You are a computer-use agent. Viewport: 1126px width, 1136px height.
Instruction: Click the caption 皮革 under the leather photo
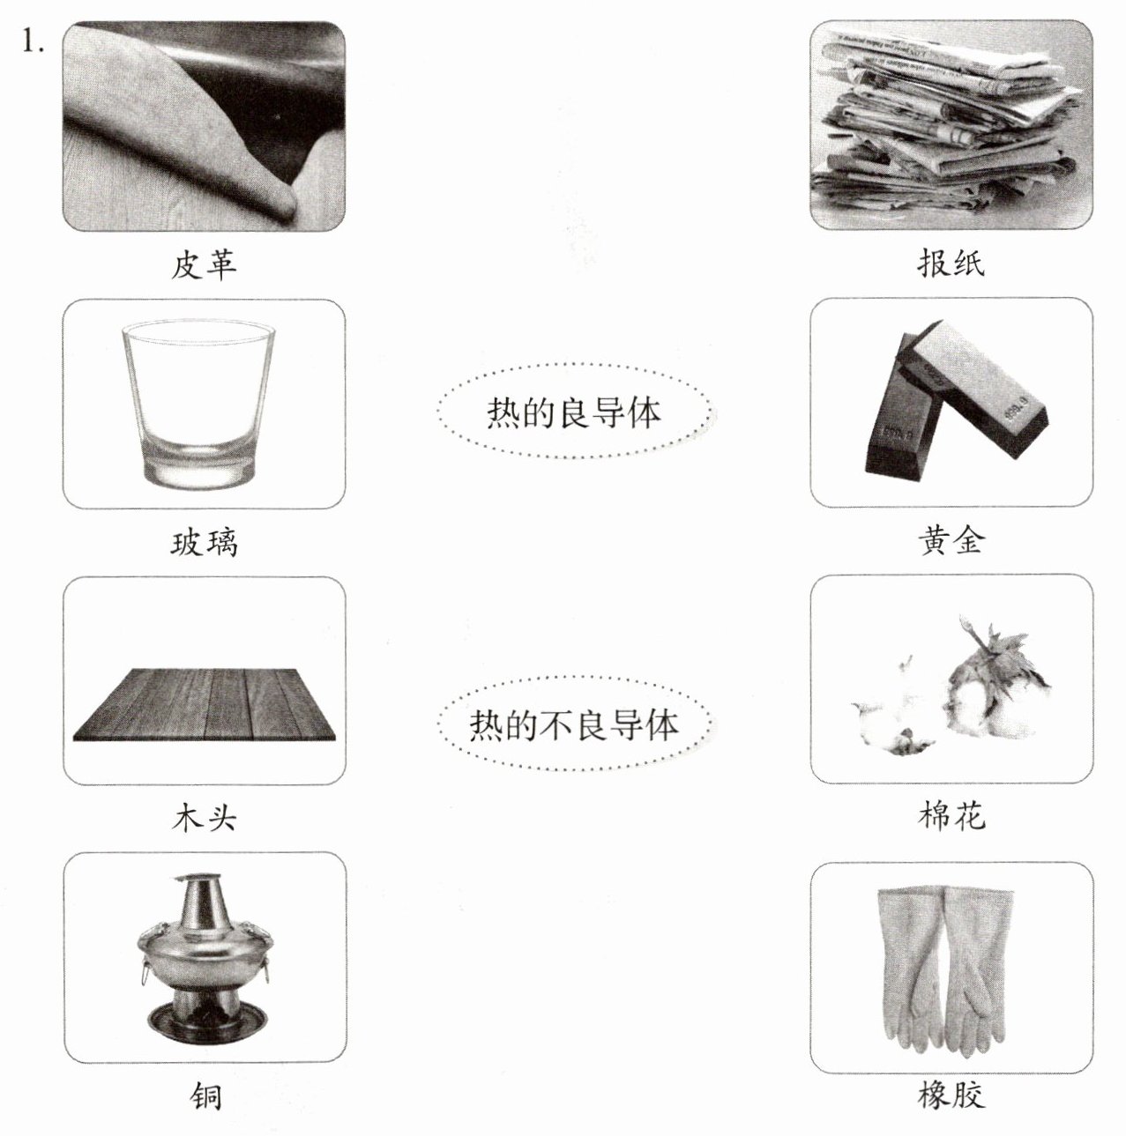click(204, 264)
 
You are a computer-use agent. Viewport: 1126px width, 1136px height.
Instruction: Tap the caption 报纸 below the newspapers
click(951, 263)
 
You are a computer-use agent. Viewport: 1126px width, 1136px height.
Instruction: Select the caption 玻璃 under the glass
click(204, 542)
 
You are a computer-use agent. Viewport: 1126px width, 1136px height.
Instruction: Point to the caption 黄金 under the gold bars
click(951, 540)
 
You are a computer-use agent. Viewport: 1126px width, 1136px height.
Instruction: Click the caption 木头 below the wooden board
click(204, 818)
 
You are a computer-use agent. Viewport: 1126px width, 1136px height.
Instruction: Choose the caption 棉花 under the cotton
click(951, 816)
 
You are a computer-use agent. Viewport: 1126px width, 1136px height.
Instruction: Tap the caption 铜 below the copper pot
click(205, 1095)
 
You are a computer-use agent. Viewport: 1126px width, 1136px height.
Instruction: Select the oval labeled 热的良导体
click(575, 411)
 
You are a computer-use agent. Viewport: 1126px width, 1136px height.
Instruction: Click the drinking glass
click(198, 405)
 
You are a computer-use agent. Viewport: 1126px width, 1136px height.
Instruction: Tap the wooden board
click(204, 704)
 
